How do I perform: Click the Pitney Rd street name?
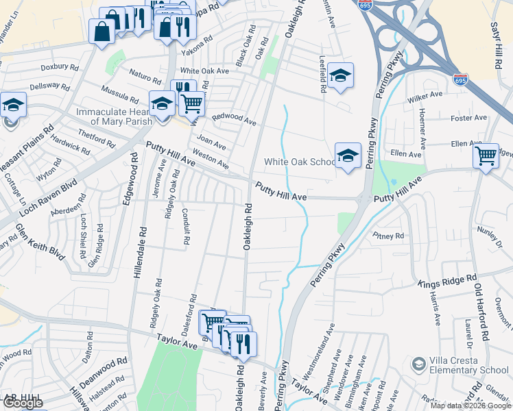pos(388,236)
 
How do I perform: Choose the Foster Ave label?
pos(468,119)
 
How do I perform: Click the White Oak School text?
pos(300,162)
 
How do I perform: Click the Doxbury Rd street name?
pos(60,66)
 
